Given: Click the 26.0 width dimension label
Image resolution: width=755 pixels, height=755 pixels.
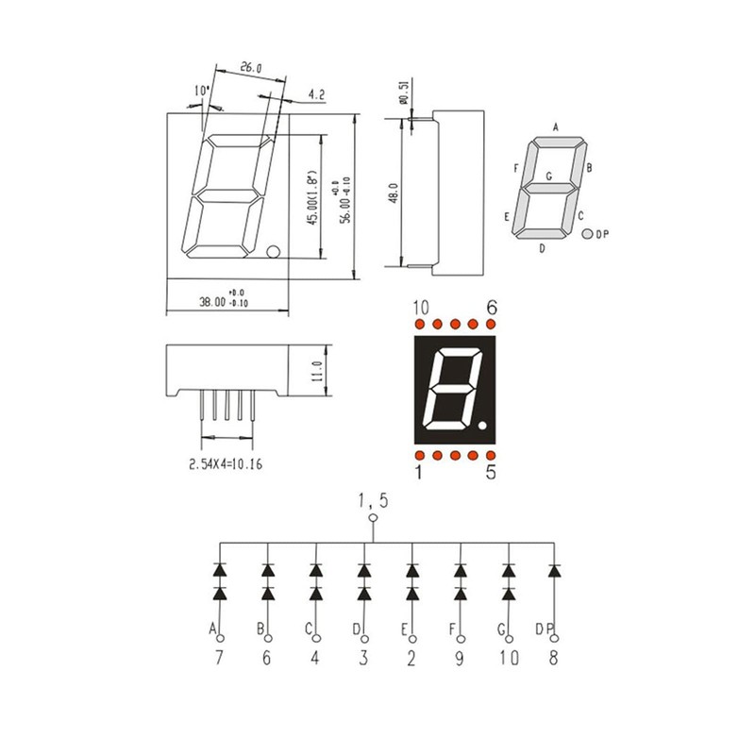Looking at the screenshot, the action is (x=250, y=68).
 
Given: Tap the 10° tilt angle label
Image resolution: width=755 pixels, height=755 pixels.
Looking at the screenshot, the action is (x=201, y=91).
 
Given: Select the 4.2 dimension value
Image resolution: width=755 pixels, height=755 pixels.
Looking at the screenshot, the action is (x=316, y=94).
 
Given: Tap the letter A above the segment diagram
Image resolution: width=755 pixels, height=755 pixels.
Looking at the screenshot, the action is (x=556, y=126).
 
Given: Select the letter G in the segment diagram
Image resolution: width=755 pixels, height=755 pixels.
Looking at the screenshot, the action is (x=548, y=176).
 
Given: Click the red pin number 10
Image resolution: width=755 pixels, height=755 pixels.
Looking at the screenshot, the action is (x=421, y=308).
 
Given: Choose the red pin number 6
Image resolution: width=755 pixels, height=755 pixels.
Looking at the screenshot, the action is (x=491, y=308).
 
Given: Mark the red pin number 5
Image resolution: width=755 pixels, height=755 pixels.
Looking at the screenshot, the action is (x=491, y=472).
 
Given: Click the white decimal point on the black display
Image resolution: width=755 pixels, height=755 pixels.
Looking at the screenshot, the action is (x=482, y=429).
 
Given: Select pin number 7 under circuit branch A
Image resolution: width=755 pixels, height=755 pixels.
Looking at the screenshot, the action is (x=219, y=660).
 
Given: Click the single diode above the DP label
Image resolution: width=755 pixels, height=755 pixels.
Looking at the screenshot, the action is (x=555, y=571).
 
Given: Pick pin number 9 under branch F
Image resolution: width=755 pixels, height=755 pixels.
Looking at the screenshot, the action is (x=460, y=660).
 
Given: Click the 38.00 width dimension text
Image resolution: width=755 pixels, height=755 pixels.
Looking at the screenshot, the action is (x=218, y=303).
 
